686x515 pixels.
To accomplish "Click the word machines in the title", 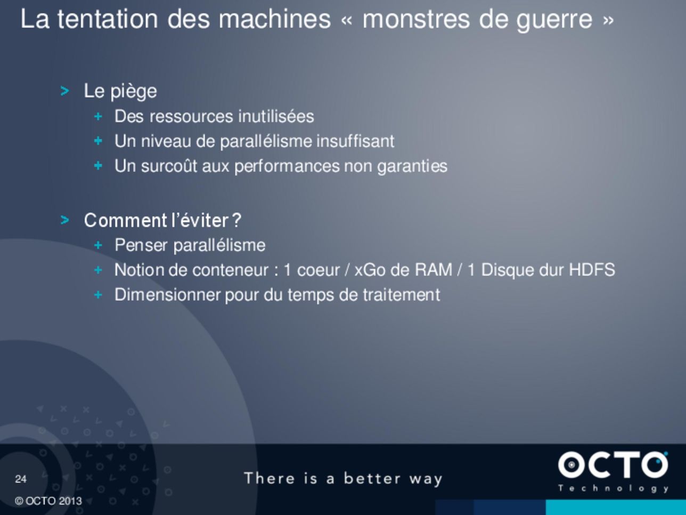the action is click(275, 19).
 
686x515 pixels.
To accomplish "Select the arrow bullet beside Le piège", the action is click(64, 91).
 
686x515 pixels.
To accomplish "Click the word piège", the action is click(134, 92).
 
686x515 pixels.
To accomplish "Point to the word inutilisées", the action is click(276, 116).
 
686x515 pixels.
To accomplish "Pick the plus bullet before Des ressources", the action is click(98, 117).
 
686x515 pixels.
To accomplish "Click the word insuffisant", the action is click(355, 141).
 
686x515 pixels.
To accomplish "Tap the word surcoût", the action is click(169, 166).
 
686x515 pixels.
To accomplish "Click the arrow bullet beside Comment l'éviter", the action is click(64, 220).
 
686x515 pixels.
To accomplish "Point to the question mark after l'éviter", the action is click(237, 220).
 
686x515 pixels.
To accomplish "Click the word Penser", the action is click(141, 245).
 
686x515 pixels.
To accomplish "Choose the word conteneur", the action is click(231, 270).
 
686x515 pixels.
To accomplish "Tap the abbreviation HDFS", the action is click(592, 270).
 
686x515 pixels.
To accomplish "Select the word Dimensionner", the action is click(168, 295).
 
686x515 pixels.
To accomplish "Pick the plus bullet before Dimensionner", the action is click(98, 295).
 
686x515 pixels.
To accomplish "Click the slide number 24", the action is click(21, 479).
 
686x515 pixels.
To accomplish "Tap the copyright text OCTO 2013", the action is click(48, 501).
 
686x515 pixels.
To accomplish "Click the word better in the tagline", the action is click(372, 478).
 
